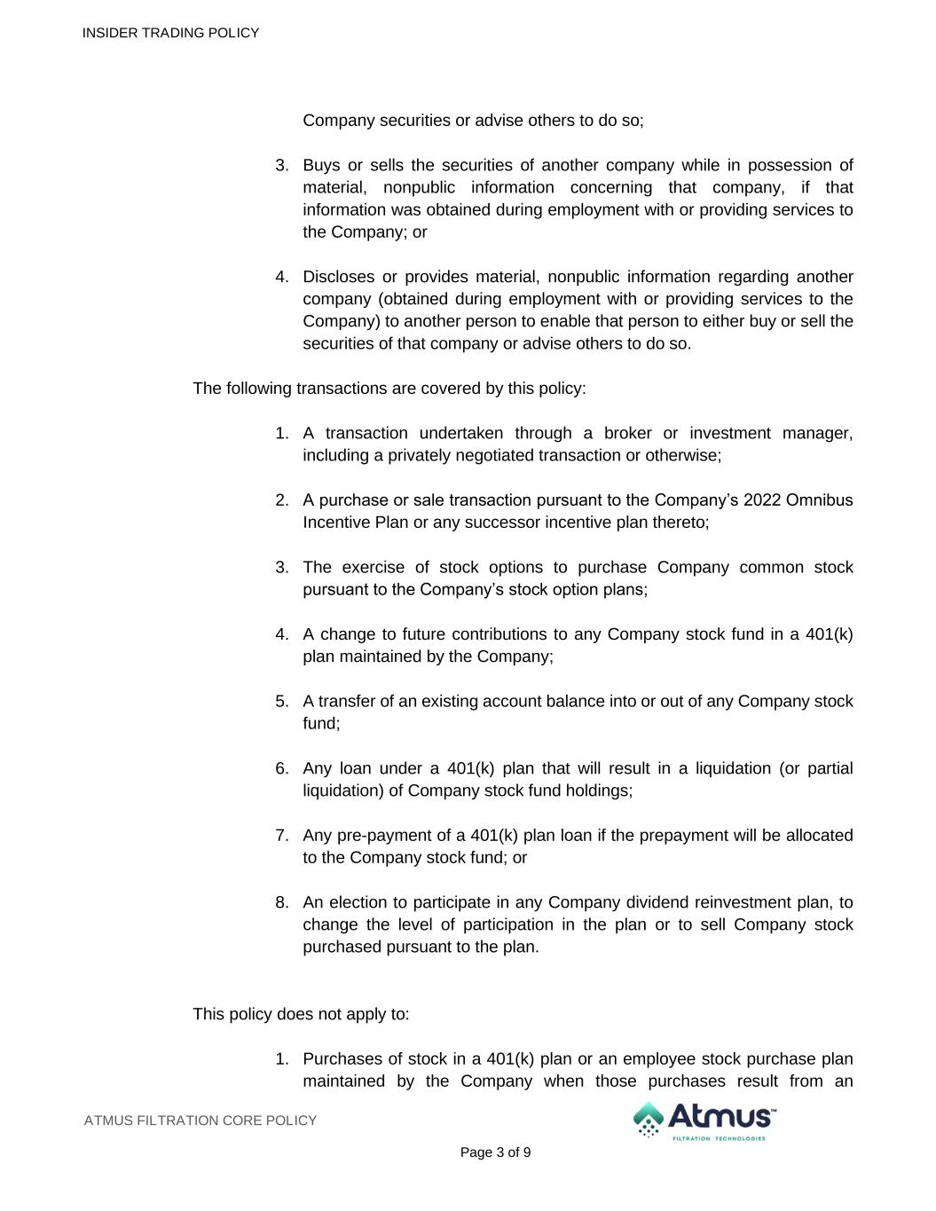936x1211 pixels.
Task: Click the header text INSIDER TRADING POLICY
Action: [170, 33]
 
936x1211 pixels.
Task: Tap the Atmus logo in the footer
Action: [703, 1121]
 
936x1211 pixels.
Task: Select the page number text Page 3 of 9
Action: [495, 1152]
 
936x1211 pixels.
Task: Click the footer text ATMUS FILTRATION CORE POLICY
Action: [201, 1121]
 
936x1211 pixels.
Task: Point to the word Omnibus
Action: [819, 500]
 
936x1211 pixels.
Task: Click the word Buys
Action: [321, 165]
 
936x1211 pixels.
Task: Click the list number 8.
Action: [281, 902]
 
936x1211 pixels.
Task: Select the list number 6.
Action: [281, 768]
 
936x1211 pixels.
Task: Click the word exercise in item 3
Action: [372, 567]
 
